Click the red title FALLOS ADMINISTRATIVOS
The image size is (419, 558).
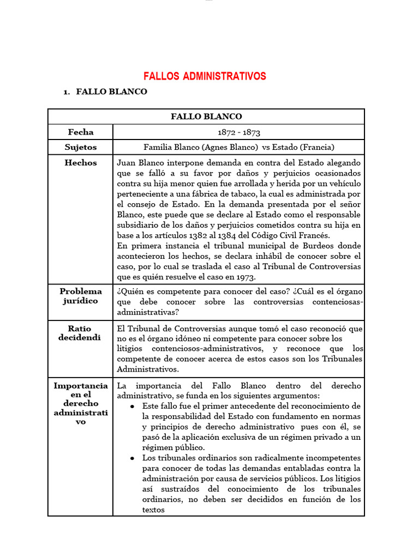tap(205, 76)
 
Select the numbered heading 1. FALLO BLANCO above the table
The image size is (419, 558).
tap(105, 92)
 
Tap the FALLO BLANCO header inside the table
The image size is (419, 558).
tap(206, 117)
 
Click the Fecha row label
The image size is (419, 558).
tap(80, 132)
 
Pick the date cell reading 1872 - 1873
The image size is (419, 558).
tap(238, 132)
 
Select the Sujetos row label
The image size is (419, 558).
tap(80, 147)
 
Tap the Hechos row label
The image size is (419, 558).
tap(80, 162)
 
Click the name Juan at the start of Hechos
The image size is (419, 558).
tap(127, 163)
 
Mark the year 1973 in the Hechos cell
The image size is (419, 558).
tap(244, 277)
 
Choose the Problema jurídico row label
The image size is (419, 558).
tap(80, 296)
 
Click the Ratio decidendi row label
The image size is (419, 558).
tap(80, 333)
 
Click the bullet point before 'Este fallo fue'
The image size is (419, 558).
tap(134, 407)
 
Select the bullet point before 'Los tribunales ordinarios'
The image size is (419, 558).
tap(134, 458)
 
